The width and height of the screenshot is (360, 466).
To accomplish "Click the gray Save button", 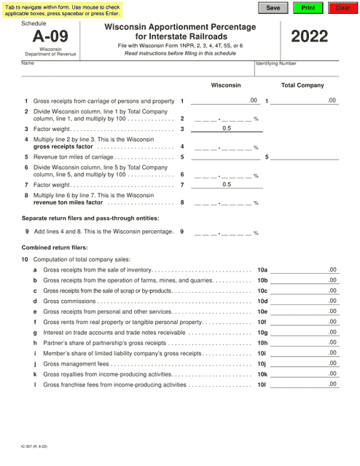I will (x=273, y=8).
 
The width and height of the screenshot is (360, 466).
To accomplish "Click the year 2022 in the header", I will (x=314, y=37).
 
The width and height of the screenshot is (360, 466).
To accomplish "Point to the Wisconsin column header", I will (x=226, y=86).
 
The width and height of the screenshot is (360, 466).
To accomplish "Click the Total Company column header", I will (x=302, y=86).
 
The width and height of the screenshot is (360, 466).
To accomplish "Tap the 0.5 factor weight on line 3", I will (x=227, y=128).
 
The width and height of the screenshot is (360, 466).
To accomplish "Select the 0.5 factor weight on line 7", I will (x=227, y=185).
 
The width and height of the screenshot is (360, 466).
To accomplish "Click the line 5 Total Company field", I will (x=306, y=157).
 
